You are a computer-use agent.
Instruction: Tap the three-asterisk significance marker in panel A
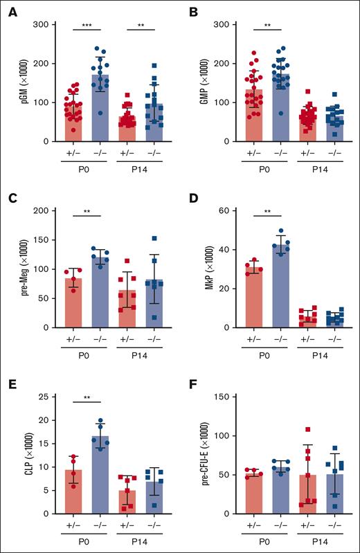click(88, 24)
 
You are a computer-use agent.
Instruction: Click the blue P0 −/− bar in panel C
click(102, 292)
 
